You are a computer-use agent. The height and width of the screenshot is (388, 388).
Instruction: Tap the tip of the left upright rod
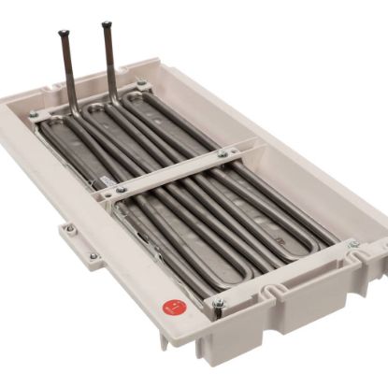63,34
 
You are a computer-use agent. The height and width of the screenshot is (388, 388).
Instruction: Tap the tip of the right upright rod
107,25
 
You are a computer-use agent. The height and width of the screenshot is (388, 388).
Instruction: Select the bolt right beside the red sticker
219,303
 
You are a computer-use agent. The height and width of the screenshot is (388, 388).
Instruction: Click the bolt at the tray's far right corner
352,244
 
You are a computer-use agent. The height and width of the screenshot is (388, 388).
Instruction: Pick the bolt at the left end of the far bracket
34,116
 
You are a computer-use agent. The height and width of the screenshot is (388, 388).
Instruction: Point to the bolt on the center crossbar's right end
223,153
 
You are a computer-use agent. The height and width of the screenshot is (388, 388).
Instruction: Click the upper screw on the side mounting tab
69,227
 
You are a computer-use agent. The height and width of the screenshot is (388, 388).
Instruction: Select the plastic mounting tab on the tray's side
79,244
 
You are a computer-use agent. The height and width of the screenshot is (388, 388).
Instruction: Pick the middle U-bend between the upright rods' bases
93,110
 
